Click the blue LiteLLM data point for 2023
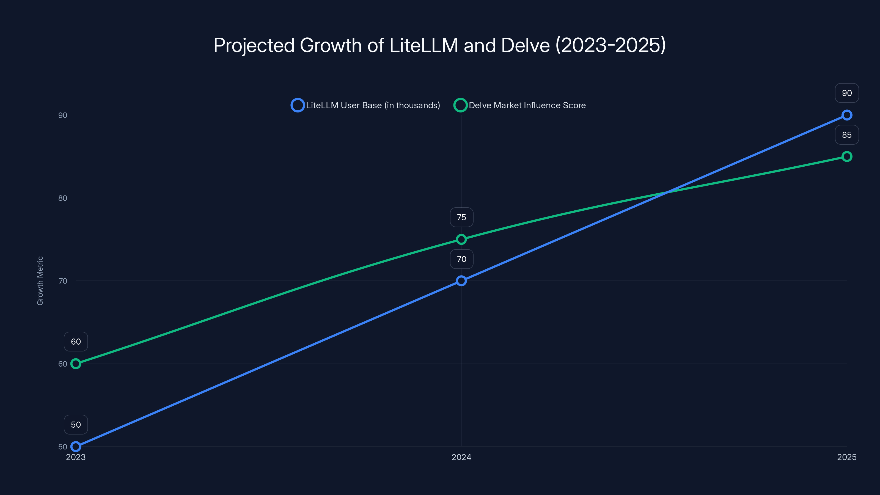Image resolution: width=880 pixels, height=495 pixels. (x=76, y=447)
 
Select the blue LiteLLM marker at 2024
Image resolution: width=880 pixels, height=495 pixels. (x=461, y=281)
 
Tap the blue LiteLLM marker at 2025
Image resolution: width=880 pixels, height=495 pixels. (x=846, y=115)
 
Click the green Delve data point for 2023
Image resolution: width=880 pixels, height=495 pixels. (x=76, y=364)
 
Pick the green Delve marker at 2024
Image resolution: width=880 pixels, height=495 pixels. (x=461, y=239)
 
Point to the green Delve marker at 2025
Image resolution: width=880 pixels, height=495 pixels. (x=846, y=156)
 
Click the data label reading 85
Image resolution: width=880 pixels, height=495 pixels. (x=846, y=135)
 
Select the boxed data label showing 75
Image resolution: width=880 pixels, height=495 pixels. (x=461, y=217)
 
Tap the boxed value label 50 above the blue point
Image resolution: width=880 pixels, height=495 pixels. (x=76, y=425)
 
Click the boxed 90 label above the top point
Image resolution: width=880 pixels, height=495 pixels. (x=846, y=93)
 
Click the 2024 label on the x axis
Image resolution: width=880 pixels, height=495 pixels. (x=461, y=457)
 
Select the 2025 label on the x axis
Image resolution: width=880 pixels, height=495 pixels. (x=846, y=457)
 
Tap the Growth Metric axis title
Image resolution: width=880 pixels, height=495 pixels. (x=40, y=281)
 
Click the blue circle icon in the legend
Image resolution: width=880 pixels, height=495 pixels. (x=298, y=105)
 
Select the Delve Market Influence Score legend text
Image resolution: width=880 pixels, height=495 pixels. (x=527, y=105)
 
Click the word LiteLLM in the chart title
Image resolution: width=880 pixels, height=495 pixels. (x=423, y=45)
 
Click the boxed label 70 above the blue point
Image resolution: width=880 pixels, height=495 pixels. (x=461, y=259)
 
